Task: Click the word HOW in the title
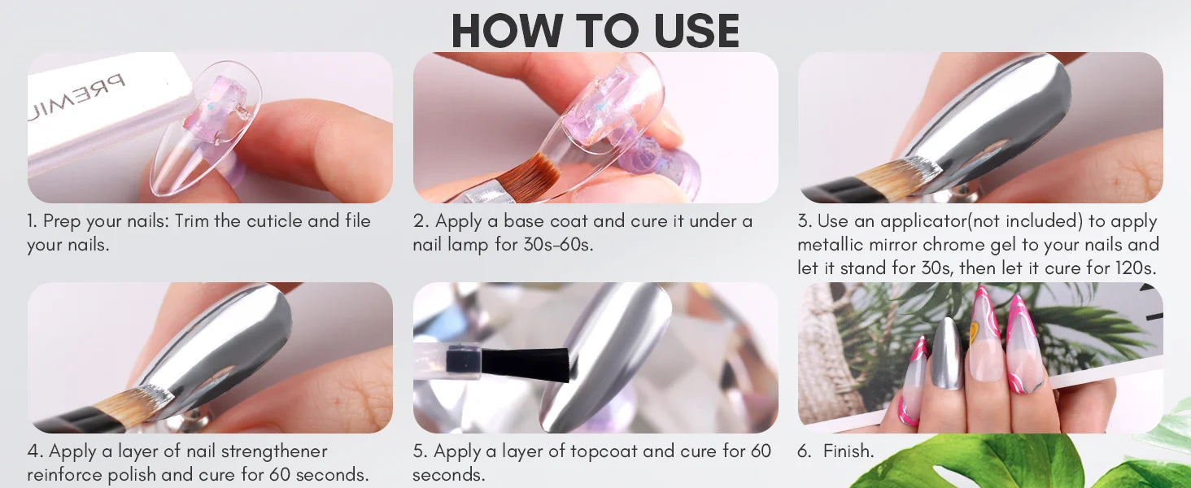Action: (x=508, y=30)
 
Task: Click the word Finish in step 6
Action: (x=848, y=451)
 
